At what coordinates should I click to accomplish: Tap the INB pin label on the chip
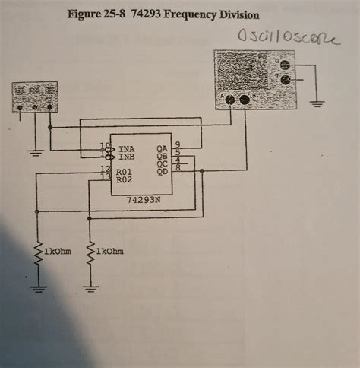point(128,157)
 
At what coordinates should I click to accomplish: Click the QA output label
point(162,149)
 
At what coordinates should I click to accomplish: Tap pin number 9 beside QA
point(177,144)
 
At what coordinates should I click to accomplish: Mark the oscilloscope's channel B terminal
point(245,100)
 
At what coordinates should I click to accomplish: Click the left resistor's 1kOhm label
point(57,251)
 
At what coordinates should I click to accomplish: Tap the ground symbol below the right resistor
point(91,287)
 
